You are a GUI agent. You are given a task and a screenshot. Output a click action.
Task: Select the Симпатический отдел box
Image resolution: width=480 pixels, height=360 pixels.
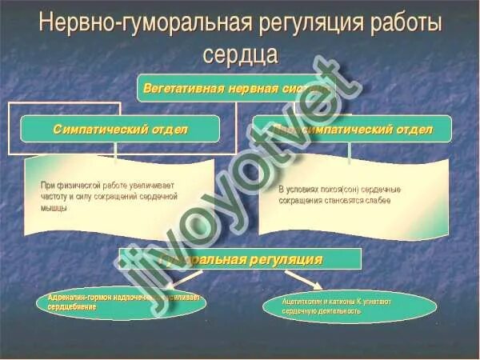click(x=120, y=129)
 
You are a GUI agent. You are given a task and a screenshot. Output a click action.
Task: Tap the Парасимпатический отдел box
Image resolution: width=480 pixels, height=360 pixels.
click(x=352, y=129)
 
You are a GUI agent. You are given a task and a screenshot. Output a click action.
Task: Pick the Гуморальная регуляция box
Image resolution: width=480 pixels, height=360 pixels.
click(x=240, y=259)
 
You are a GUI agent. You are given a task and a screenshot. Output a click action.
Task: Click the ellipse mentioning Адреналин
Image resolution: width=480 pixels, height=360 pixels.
click(x=120, y=302)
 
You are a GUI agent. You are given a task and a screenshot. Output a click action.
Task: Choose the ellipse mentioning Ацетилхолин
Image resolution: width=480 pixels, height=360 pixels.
click(x=350, y=306)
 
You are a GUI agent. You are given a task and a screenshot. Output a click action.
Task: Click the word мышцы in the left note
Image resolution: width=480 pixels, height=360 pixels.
click(x=54, y=207)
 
